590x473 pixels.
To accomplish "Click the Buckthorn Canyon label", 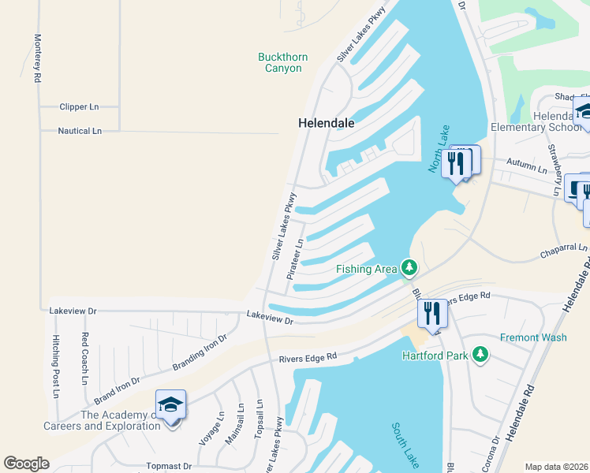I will [x=282, y=62].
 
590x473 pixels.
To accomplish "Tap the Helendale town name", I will [x=326, y=124].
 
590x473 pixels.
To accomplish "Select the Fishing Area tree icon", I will [x=409, y=269].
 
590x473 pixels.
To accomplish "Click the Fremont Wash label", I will [x=533, y=337].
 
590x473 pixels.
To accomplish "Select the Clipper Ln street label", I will [x=79, y=106].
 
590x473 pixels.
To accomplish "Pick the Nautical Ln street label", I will [x=80, y=131].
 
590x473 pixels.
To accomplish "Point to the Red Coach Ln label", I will [x=84, y=358].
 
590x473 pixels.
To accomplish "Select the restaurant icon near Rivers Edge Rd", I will [x=432, y=313].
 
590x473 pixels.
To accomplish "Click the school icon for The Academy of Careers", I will [x=170, y=405].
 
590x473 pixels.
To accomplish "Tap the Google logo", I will [x=26, y=464].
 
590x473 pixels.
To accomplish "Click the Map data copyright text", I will [x=557, y=467].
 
